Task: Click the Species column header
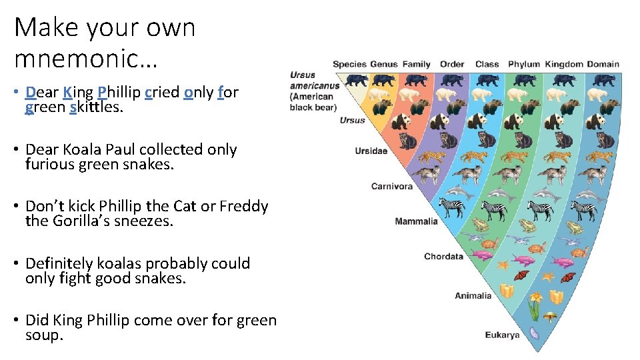[x=349, y=65]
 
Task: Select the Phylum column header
[x=524, y=65]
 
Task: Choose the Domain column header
[x=603, y=65]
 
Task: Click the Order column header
[x=452, y=65]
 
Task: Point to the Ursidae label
[x=371, y=151]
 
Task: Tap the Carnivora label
[x=391, y=186]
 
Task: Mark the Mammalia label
[x=416, y=221]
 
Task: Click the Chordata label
[x=443, y=257]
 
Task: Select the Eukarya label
[x=502, y=335]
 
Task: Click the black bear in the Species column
[x=357, y=81]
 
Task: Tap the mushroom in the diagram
[x=551, y=317]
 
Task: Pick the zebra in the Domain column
[x=584, y=210]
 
